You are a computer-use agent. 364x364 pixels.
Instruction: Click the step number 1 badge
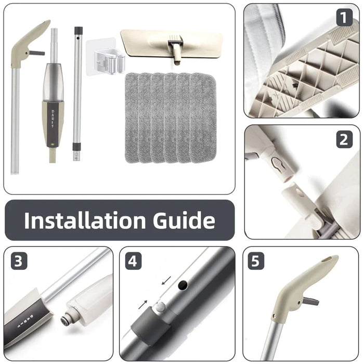coord(344,17)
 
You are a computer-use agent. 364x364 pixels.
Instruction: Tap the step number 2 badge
coord(344,139)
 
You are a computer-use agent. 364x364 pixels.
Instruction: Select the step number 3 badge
coord(19,262)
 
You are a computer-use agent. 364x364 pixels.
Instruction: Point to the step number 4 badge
coord(133,262)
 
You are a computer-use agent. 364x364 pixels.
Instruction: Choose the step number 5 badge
coord(256,262)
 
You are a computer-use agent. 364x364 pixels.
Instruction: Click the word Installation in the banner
coord(85,220)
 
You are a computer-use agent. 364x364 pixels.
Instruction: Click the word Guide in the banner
coord(184,220)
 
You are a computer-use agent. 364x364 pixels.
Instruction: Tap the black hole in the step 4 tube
coord(183,285)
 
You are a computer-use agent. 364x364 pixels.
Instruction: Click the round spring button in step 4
coord(160,307)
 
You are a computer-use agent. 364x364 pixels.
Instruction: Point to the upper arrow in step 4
coord(166,280)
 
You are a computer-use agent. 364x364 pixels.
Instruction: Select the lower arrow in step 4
coord(143,305)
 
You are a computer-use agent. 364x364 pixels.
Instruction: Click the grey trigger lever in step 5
coord(310,302)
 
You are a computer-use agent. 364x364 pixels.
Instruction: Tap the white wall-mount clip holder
coord(105,57)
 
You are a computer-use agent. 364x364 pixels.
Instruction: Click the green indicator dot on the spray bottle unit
coord(53,144)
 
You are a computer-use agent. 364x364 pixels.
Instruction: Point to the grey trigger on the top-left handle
coord(36,53)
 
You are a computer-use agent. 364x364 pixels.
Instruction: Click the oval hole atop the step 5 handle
coord(329,259)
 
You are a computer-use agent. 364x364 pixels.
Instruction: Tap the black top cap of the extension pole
coord(79,30)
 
